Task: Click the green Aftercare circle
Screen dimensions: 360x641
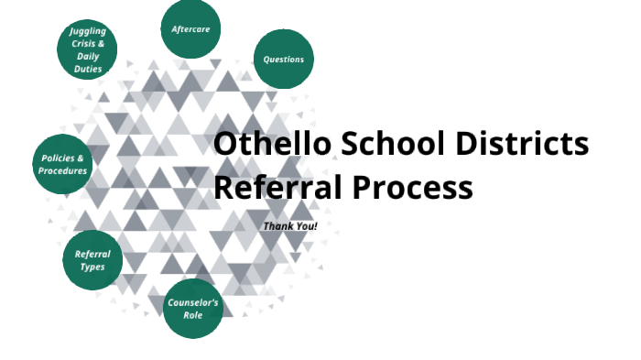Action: (190, 29)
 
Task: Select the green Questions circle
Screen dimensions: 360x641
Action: (283, 60)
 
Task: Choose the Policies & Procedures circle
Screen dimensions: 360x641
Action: (63, 164)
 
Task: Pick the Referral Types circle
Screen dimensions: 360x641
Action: (92, 260)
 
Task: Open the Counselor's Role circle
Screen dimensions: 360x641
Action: (193, 309)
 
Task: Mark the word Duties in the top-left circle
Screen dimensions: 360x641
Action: (89, 69)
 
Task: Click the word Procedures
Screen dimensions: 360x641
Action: (63, 170)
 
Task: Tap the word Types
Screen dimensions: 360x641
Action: (92, 267)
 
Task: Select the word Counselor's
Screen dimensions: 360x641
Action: (193, 302)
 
